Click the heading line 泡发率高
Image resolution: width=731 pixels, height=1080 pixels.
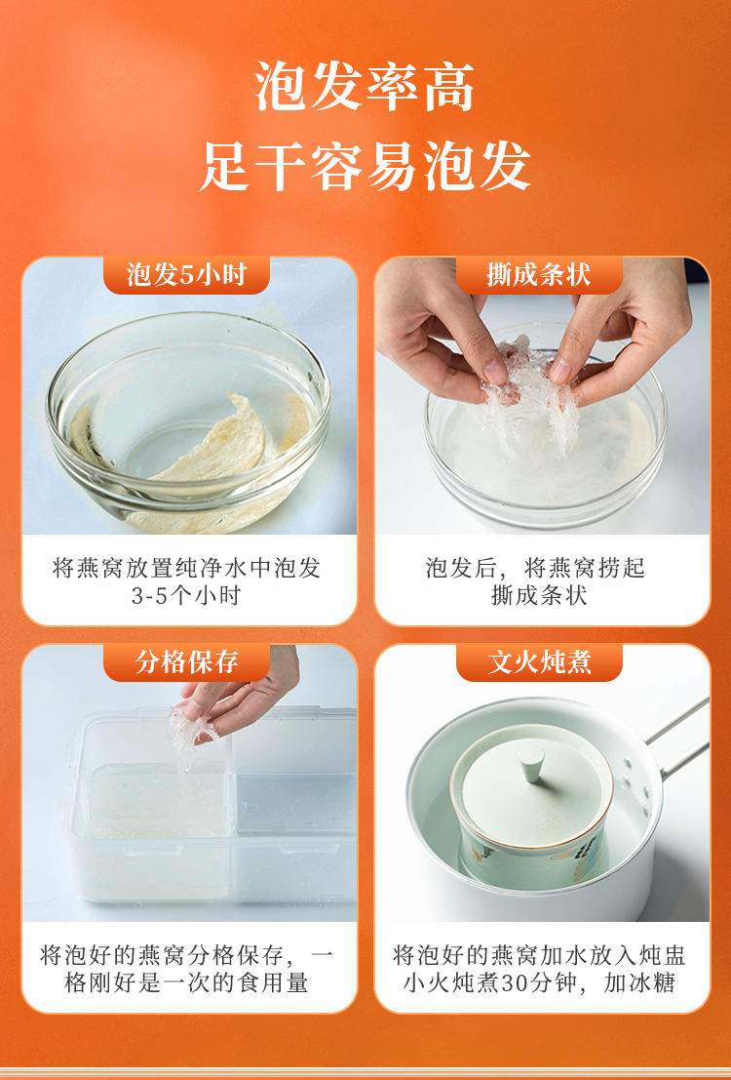(x=365, y=87)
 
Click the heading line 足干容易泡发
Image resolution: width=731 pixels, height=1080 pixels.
(x=365, y=166)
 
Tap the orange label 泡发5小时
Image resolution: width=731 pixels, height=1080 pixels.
(x=186, y=275)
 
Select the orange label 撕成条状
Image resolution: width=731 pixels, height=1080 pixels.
(x=539, y=275)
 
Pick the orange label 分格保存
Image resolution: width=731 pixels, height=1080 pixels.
(x=186, y=661)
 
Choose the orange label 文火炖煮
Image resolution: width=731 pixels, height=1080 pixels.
(x=539, y=661)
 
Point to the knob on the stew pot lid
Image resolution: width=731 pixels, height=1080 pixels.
(x=531, y=763)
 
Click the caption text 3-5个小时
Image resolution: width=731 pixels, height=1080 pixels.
(x=186, y=595)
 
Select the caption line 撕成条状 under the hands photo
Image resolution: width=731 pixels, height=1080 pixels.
(x=539, y=595)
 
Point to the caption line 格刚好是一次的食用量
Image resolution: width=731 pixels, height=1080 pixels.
(x=186, y=982)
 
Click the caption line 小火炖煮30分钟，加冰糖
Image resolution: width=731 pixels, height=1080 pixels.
(x=539, y=982)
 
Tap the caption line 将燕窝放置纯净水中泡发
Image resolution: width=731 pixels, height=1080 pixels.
(x=186, y=568)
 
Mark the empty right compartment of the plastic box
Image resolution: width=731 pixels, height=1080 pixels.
(x=296, y=833)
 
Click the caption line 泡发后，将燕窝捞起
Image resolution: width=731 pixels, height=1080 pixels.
(x=535, y=568)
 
